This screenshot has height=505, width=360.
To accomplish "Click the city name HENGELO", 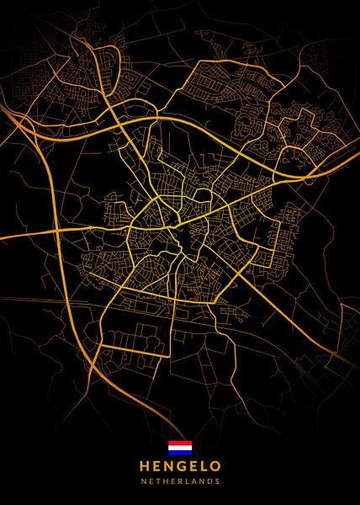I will click(180, 465).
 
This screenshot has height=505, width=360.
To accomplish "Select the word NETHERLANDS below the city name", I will click(180, 482).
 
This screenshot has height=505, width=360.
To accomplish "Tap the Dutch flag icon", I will click(180, 447).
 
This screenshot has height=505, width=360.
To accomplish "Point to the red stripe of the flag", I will click(180, 443).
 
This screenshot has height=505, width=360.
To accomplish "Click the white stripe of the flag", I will click(180, 447).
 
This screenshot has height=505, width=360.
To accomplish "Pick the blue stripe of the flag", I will click(180, 452).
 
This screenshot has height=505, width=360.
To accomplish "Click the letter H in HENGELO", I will click(144, 465).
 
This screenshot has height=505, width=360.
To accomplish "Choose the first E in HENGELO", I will click(156, 465).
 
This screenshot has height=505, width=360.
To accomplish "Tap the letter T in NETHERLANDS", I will click(157, 482).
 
